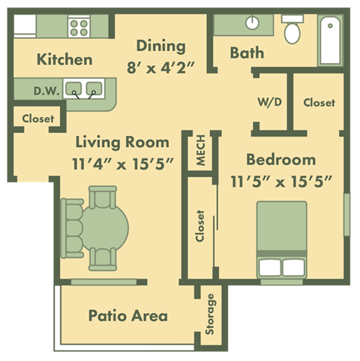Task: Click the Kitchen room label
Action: click(64, 59)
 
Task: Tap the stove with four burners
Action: click(79, 28)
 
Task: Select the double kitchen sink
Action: click(82, 90)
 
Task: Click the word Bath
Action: click(246, 53)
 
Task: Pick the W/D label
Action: click(269, 102)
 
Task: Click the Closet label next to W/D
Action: click(319, 102)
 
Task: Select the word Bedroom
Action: click(281, 159)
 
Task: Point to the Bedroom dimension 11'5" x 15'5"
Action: click(280, 180)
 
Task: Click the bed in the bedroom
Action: click(282, 238)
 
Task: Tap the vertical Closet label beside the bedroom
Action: click(200, 225)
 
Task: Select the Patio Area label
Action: click(127, 315)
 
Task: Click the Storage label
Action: click(211, 314)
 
